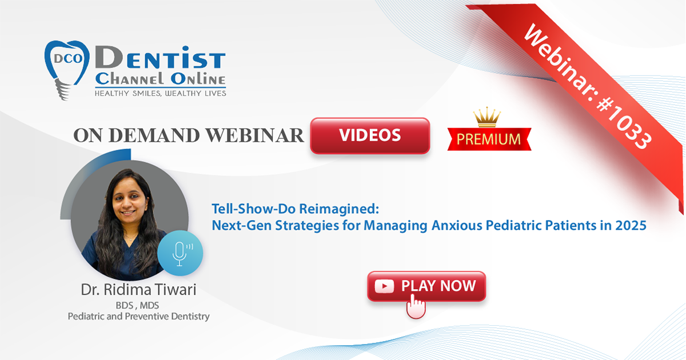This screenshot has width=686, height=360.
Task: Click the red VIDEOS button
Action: (x=370, y=135)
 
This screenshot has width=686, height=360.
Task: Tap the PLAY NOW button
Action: (x=426, y=286)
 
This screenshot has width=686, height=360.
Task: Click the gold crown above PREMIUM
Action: (x=487, y=117)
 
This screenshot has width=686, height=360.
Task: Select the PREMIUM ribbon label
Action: (x=489, y=139)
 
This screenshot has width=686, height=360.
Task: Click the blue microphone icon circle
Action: (x=180, y=253)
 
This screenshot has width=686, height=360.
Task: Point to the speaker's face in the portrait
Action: (x=129, y=201)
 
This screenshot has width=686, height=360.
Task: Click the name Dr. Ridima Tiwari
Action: (x=138, y=290)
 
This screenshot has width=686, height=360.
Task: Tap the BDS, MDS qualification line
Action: (x=137, y=305)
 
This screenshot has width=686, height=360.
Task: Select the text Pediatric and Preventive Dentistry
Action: (x=139, y=316)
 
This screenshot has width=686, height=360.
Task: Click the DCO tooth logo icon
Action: (x=66, y=70)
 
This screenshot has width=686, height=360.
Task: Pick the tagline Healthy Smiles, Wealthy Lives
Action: (x=161, y=93)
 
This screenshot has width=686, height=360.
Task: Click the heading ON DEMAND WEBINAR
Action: (x=189, y=135)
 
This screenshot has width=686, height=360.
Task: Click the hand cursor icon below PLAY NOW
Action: (x=416, y=307)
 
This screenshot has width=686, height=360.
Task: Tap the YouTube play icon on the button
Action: (x=384, y=286)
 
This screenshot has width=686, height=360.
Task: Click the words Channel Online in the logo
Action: (x=161, y=79)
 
